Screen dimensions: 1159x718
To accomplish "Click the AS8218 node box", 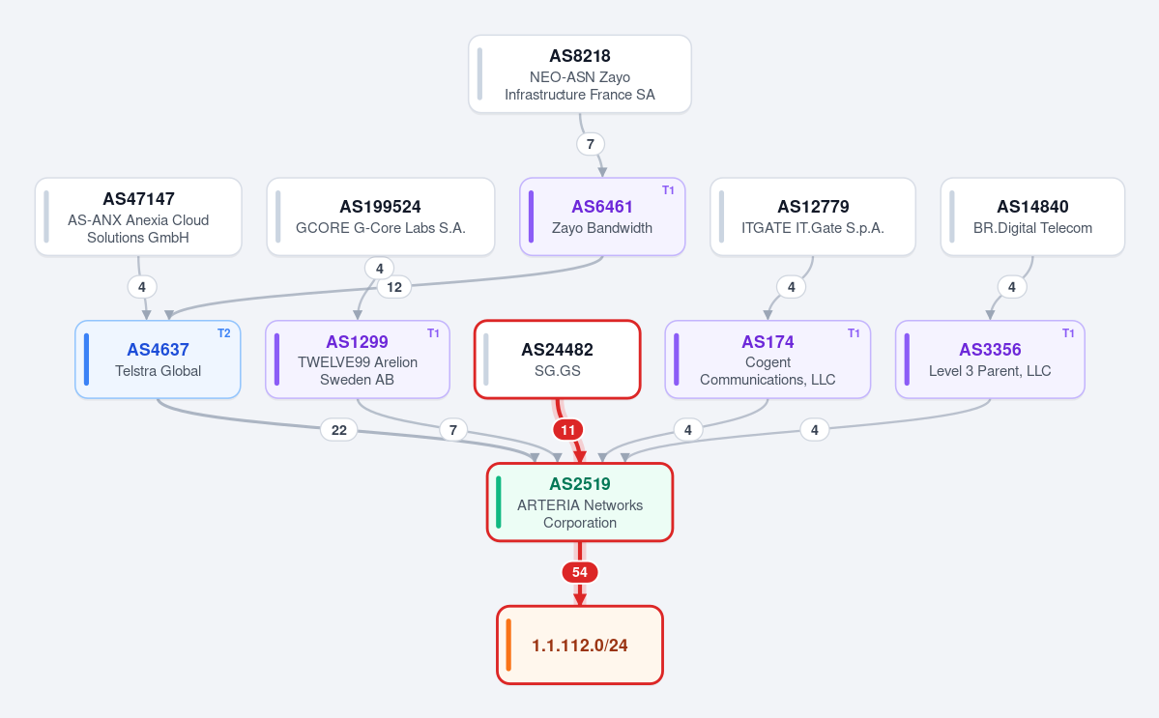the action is point(580,73).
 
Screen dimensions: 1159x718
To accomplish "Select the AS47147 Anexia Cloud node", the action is point(138,217).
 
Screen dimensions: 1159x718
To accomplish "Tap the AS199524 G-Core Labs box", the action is point(381,217).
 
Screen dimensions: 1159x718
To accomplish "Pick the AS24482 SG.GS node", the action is point(558,359).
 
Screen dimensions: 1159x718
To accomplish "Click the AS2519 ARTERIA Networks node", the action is point(580,503).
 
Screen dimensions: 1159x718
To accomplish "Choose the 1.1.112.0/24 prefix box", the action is point(580,645).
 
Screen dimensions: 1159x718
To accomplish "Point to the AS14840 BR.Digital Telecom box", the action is point(1032,217).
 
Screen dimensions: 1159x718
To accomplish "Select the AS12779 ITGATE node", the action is point(813,217).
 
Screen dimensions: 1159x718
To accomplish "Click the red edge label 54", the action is point(580,572).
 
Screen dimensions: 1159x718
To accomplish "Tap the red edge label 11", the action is point(567,430).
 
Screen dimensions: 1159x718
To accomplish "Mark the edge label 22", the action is point(339,430).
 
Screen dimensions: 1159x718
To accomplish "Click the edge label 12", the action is point(394,287).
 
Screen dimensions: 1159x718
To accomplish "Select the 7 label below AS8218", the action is point(590,144).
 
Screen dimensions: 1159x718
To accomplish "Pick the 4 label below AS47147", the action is point(142,287).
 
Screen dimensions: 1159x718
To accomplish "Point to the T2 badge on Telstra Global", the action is point(224,333).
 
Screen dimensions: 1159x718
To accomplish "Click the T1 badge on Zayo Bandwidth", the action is point(668,190).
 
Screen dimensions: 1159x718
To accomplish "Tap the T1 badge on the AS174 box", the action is point(854,333).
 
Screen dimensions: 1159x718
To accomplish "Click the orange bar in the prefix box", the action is point(508,645).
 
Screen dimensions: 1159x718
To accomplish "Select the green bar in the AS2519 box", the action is point(498,503).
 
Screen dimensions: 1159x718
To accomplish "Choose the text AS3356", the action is point(990,350).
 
